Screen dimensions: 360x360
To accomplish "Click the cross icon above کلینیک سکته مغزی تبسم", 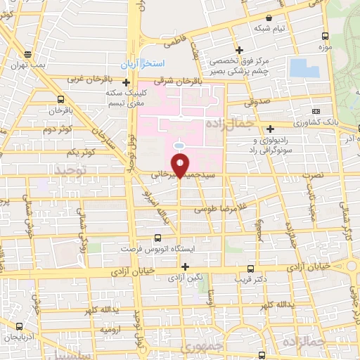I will [x=126, y=82].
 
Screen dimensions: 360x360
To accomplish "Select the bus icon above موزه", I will [x=325, y=36].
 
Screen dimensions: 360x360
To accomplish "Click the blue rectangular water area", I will [x=304, y=68].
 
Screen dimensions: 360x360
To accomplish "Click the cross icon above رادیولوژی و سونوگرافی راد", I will [x=271, y=127].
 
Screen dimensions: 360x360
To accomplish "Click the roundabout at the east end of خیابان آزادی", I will [x=352, y=268].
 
